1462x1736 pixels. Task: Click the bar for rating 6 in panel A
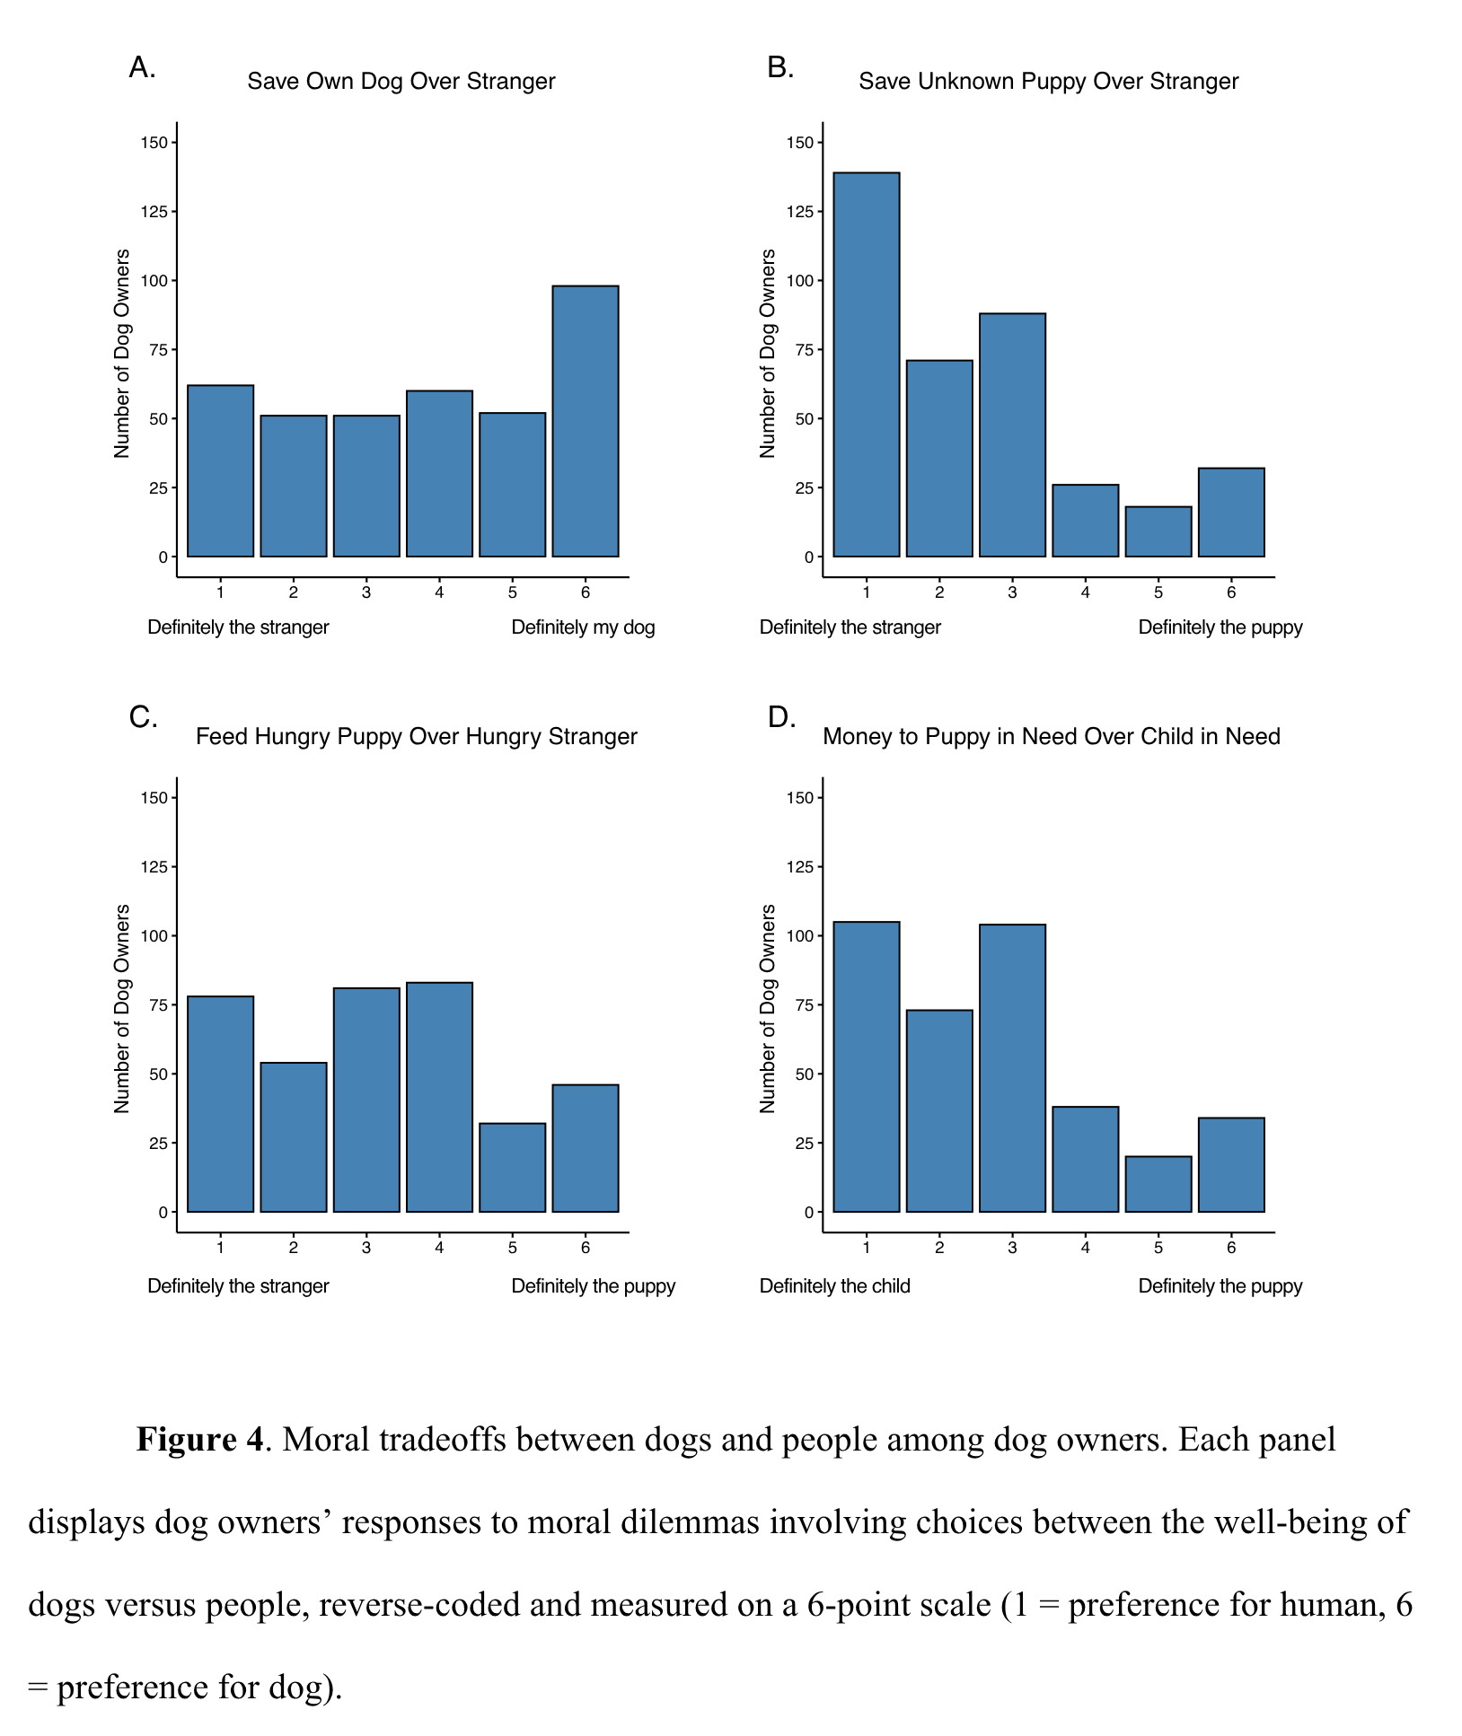click(x=585, y=421)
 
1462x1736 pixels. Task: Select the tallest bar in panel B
click(x=866, y=364)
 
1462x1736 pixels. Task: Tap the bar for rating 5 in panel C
click(x=512, y=1167)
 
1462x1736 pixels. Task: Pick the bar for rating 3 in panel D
click(x=1012, y=1068)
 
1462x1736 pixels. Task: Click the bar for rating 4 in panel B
click(x=1085, y=521)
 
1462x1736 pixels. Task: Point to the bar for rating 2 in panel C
click(x=293, y=1137)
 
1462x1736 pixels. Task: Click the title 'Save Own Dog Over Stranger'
click(x=401, y=82)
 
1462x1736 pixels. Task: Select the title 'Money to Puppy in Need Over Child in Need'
click(x=1051, y=737)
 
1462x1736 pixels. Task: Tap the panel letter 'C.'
click(x=143, y=717)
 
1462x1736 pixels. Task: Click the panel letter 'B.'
click(x=779, y=67)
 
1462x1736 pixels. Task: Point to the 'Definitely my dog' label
click(x=583, y=627)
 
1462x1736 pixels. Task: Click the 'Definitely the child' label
click(x=834, y=1286)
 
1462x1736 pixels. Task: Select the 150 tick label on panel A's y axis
click(x=154, y=143)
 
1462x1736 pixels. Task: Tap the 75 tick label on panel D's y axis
click(x=803, y=1005)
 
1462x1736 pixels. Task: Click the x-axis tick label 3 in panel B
click(x=1012, y=592)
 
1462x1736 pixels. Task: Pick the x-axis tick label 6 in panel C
click(x=585, y=1248)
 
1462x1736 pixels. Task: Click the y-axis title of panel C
click(x=122, y=1009)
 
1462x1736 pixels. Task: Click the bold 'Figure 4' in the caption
click(x=199, y=1440)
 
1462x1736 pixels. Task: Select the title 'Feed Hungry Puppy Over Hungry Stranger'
click(x=416, y=737)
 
